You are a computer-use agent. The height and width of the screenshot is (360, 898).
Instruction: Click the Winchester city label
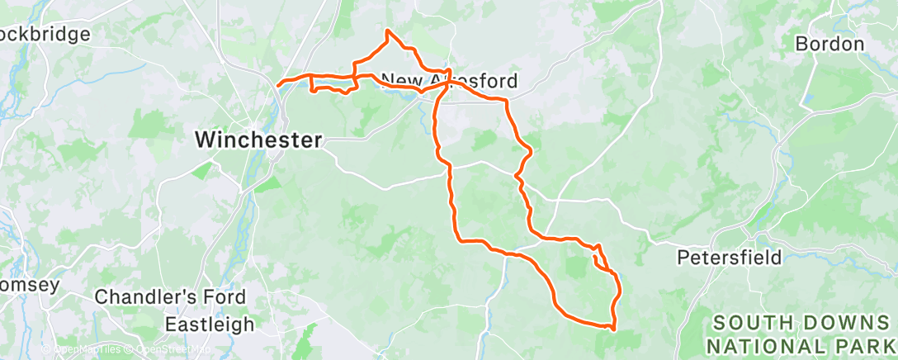point(258,140)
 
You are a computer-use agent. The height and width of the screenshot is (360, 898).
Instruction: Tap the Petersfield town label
point(729,258)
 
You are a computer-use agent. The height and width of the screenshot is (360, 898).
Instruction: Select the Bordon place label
point(829,44)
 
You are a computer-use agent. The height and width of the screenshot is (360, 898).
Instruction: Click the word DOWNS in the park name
point(825,322)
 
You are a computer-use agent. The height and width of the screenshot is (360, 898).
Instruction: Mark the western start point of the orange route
point(279,83)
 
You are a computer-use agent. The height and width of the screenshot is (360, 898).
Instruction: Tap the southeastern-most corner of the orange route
point(612,328)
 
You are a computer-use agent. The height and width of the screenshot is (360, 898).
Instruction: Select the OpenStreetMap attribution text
point(170,350)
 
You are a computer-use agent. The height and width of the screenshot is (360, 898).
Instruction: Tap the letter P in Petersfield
point(683,258)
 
